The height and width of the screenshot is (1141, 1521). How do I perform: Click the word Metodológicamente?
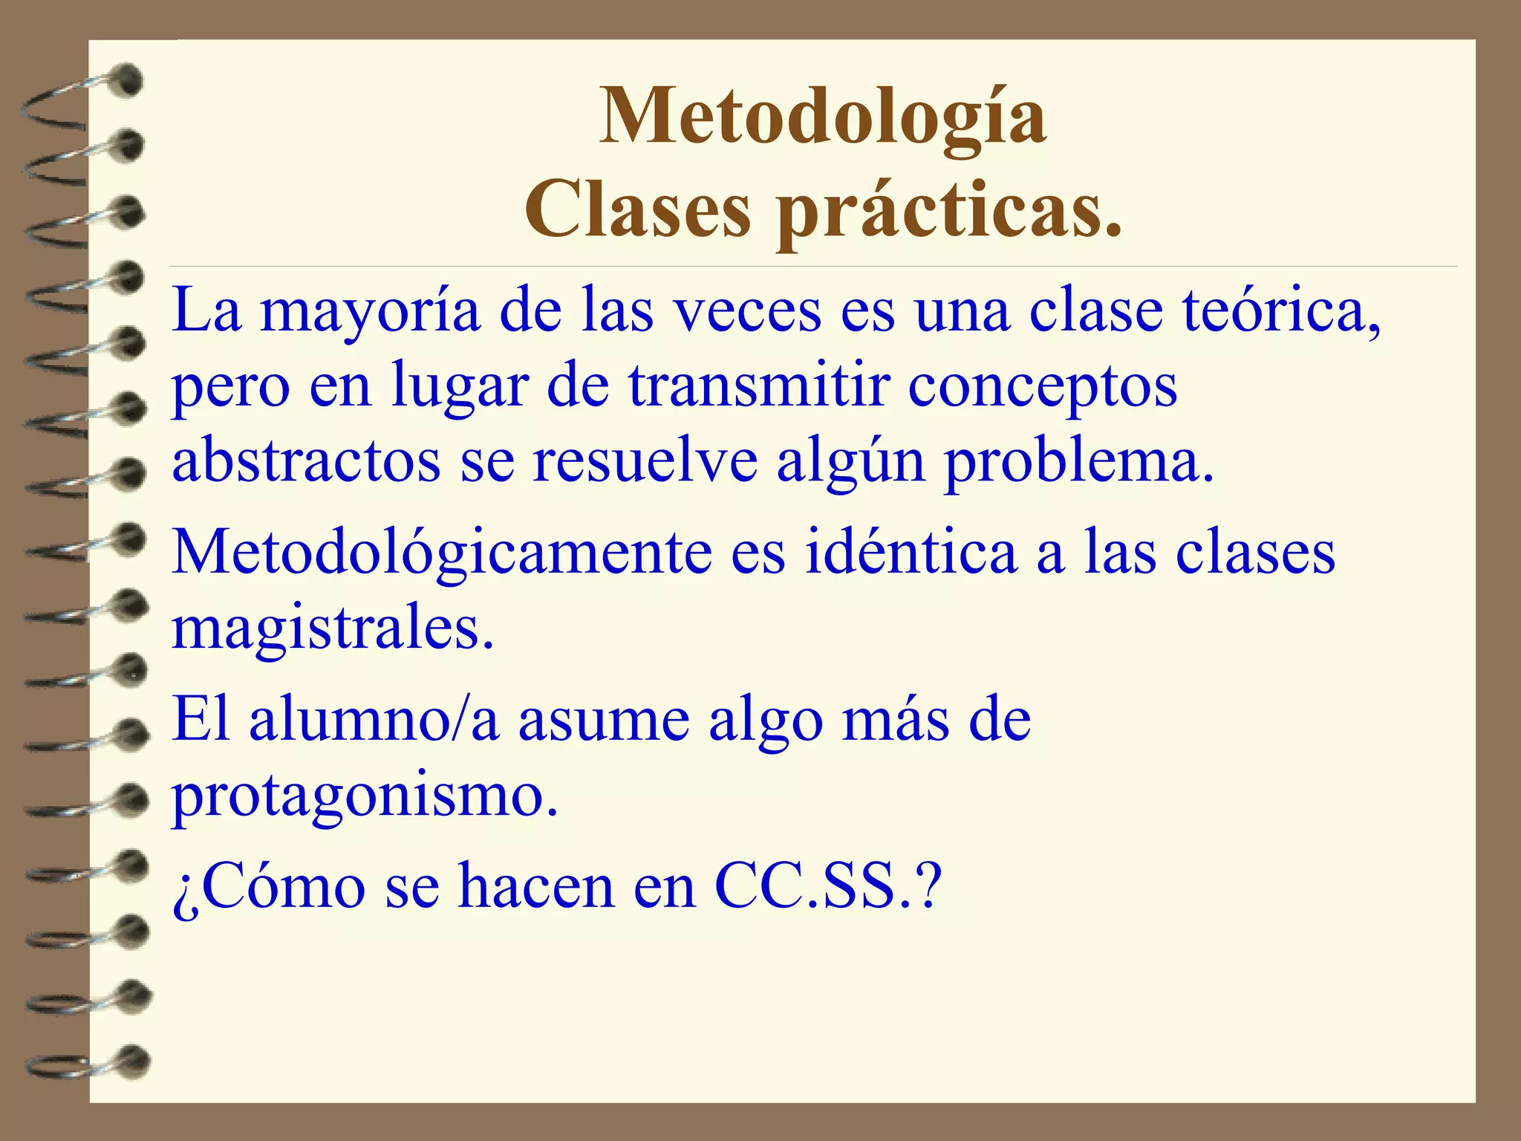tap(441, 554)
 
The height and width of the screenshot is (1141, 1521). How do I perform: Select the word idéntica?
tap(911, 553)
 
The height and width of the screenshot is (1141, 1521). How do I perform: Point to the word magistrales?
tap(333, 630)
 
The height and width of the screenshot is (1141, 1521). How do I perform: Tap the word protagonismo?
tap(365, 797)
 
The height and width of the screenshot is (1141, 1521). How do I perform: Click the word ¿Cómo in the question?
tap(269, 887)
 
